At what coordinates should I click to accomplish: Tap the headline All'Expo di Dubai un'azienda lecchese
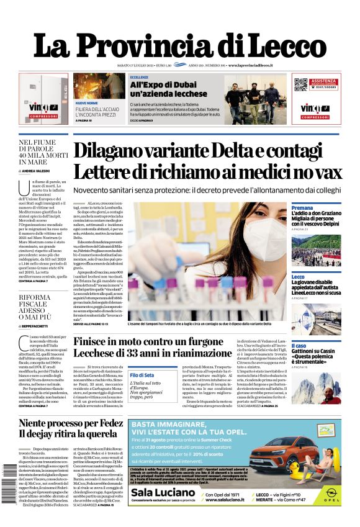(x=163, y=88)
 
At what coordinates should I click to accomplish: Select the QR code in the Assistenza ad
(x=300, y=85)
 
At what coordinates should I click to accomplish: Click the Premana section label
(x=302, y=208)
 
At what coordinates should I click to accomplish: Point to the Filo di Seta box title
(x=142, y=375)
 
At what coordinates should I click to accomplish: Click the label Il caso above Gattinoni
(x=299, y=346)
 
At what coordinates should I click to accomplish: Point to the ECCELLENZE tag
(x=139, y=77)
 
